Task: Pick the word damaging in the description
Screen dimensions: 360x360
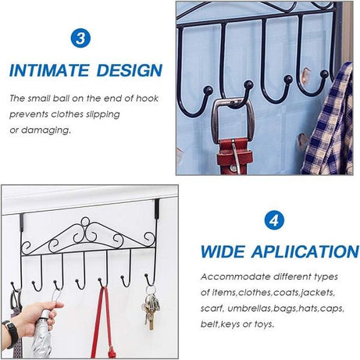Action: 47,129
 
